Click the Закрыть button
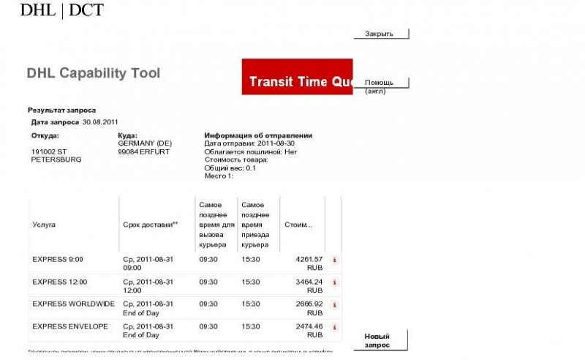coord(380,34)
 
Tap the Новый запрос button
coord(378,340)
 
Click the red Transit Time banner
coord(298,77)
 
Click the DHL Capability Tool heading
coord(94,73)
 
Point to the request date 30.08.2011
coord(100,121)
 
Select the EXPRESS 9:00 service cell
coord(58,259)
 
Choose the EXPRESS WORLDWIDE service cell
coord(73,304)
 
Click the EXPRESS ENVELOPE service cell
coord(70,326)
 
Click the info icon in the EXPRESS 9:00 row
coord(335,260)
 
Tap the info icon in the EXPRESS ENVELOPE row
coord(335,326)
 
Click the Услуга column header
coord(44,225)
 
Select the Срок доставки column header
coord(151,225)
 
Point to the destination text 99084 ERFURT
coord(143,151)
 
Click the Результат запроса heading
coord(61,110)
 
